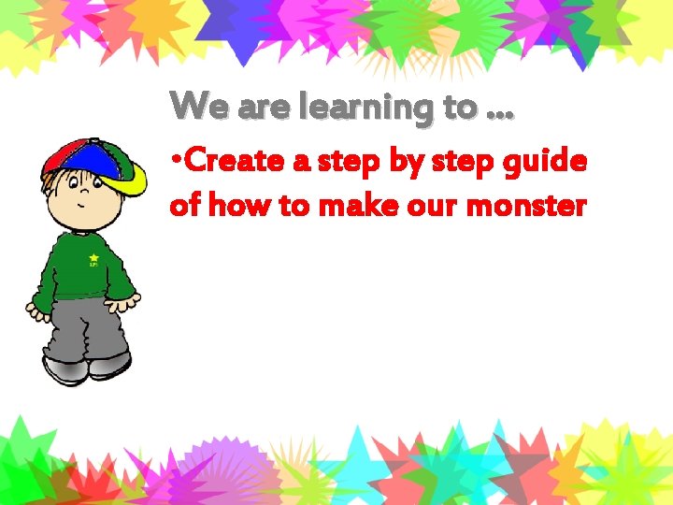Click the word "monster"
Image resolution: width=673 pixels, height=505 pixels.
point(526,206)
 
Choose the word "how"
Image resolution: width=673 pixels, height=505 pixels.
point(241,205)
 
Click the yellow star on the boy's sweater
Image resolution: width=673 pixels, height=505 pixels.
point(94,257)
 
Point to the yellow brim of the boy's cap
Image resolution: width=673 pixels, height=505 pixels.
point(133,177)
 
